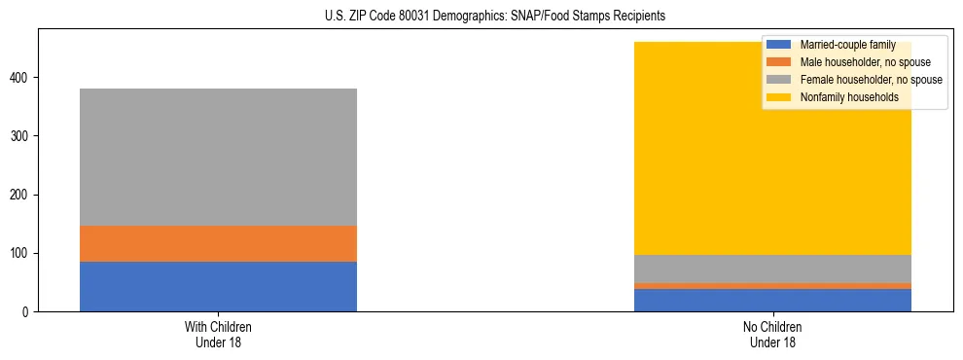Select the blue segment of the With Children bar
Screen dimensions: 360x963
pos(218,286)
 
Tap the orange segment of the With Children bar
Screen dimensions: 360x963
pos(218,243)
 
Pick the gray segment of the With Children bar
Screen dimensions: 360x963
pos(218,157)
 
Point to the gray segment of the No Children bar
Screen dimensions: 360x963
pos(772,269)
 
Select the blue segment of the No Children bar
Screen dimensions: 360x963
pos(772,300)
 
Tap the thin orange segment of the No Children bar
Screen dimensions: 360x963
pos(772,286)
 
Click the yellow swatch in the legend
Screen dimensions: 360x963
pos(779,97)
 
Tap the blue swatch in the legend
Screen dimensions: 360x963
pos(779,45)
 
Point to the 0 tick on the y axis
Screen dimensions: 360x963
pos(28,312)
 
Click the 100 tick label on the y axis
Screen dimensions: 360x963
pos(22,254)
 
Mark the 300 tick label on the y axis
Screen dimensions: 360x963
pos(22,136)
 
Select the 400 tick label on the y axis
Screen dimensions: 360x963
pos(22,78)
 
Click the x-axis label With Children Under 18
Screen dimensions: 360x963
pos(218,334)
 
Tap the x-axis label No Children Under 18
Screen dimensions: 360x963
pos(772,334)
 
